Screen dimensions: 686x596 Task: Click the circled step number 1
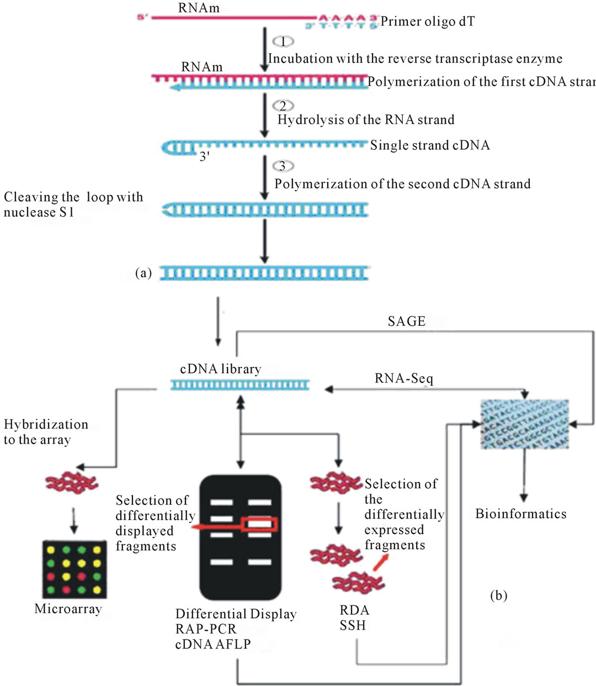pyautogui.click(x=283, y=41)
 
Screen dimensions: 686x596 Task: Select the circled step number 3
pyautogui.click(x=283, y=166)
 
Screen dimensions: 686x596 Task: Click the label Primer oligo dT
pyautogui.click(x=427, y=22)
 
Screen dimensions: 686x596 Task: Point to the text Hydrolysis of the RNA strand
pyautogui.click(x=365, y=120)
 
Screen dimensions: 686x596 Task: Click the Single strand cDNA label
pyautogui.click(x=429, y=145)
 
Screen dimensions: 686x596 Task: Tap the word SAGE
pyautogui.click(x=407, y=321)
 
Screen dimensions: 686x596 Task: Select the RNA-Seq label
pyautogui.click(x=404, y=379)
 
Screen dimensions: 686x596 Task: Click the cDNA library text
pyautogui.click(x=221, y=369)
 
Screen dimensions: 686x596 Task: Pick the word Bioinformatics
pyautogui.click(x=520, y=514)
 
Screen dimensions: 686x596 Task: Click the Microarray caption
pyautogui.click(x=68, y=609)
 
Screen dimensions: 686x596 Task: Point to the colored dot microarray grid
pyautogui.click(x=74, y=569)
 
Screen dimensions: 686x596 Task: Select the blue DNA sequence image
pyautogui.click(x=524, y=424)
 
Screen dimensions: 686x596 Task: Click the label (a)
pyautogui.click(x=143, y=273)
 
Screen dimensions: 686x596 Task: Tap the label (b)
pyautogui.click(x=498, y=595)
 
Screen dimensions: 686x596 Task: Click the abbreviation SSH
pyautogui.click(x=353, y=626)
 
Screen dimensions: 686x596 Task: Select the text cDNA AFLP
pyautogui.click(x=213, y=644)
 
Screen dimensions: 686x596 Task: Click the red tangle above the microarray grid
pyautogui.click(x=72, y=482)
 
